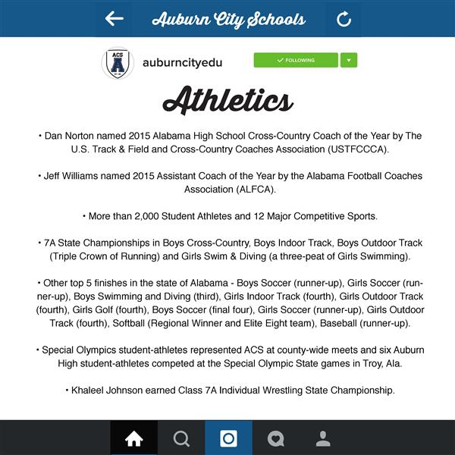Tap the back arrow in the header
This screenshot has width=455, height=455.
coord(115,18)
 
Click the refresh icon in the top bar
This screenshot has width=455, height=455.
coord(344,19)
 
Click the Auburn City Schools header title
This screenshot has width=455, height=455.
coord(228,19)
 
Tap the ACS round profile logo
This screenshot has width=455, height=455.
coord(118,64)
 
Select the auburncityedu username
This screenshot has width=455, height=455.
coord(183,63)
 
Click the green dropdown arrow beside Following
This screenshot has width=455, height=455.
coord(349,60)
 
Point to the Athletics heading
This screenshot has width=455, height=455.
coord(227,101)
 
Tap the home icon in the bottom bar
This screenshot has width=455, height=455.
coord(133,438)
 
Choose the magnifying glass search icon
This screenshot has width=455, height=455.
coord(181,438)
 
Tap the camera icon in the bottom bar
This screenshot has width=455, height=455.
coord(228,438)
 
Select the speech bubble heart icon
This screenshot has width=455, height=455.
coord(276,438)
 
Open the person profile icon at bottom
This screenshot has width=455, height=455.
coord(323,438)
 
